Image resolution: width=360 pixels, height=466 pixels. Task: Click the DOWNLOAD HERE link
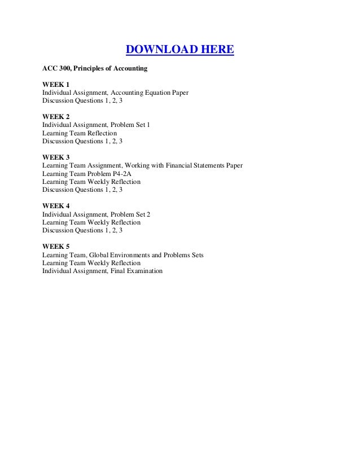pyautogui.click(x=179, y=51)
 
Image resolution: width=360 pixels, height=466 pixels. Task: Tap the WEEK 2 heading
pyautogui.click(x=55, y=117)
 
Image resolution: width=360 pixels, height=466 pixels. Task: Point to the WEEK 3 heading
pyautogui.click(x=55, y=157)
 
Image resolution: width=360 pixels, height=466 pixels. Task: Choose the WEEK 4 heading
pyautogui.click(x=55, y=206)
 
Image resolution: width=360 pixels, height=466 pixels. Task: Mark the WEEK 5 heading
pyautogui.click(x=55, y=247)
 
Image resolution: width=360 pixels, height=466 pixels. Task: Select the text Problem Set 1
pyautogui.click(x=131, y=125)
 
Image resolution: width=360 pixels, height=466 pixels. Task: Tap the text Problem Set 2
pyautogui.click(x=131, y=214)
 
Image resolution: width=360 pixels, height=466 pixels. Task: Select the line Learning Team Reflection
pyautogui.click(x=80, y=133)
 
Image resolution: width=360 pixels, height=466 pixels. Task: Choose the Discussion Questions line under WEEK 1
pyautogui.click(x=82, y=100)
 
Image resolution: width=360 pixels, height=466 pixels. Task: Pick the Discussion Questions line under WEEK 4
pyautogui.click(x=82, y=231)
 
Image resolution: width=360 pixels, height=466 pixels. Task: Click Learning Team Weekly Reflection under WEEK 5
pyautogui.click(x=91, y=263)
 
